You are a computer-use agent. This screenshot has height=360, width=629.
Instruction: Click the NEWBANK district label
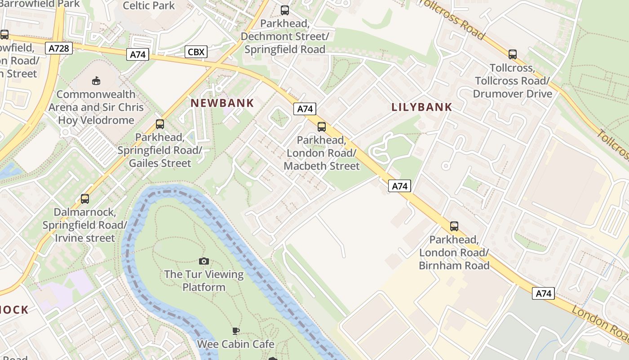click(x=222, y=103)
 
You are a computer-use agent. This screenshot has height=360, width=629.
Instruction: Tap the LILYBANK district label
click(x=421, y=107)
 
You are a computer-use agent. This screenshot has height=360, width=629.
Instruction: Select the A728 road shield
click(x=59, y=48)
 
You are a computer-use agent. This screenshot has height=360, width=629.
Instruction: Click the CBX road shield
click(x=196, y=52)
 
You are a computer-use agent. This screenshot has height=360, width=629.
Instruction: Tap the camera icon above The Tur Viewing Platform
click(x=204, y=261)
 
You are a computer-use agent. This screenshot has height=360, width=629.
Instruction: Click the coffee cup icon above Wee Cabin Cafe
click(x=235, y=331)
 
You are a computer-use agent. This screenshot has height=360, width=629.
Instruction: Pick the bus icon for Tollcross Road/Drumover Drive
click(x=513, y=54)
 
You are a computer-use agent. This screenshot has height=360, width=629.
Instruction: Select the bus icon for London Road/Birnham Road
click(x=454, y=226)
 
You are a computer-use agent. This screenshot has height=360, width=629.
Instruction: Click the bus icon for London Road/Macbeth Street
click(x=322, y=126)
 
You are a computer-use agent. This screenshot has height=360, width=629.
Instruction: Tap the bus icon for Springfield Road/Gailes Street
click(x=159, y=124)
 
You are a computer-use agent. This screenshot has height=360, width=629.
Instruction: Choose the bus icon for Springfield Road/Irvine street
click(x=84, y=198)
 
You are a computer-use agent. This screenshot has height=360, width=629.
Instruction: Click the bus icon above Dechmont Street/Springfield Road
click(x=284, y=10)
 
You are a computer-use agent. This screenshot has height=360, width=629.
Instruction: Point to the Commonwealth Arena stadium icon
click(x=96, y=81)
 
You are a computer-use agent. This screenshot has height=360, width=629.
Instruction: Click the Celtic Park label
click(x=148, y=5)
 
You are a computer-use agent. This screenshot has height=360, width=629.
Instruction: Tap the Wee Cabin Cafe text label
click(x=236, y=344)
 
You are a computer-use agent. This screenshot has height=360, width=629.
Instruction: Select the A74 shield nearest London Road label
click(x=543, y=293)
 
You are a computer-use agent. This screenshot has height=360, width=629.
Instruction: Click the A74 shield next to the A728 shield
click(x=137, y=54)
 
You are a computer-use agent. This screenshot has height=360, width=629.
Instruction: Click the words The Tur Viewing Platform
click(x=204, y=280)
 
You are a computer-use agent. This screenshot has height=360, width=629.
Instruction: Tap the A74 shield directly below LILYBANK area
click(x=399, y=185)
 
